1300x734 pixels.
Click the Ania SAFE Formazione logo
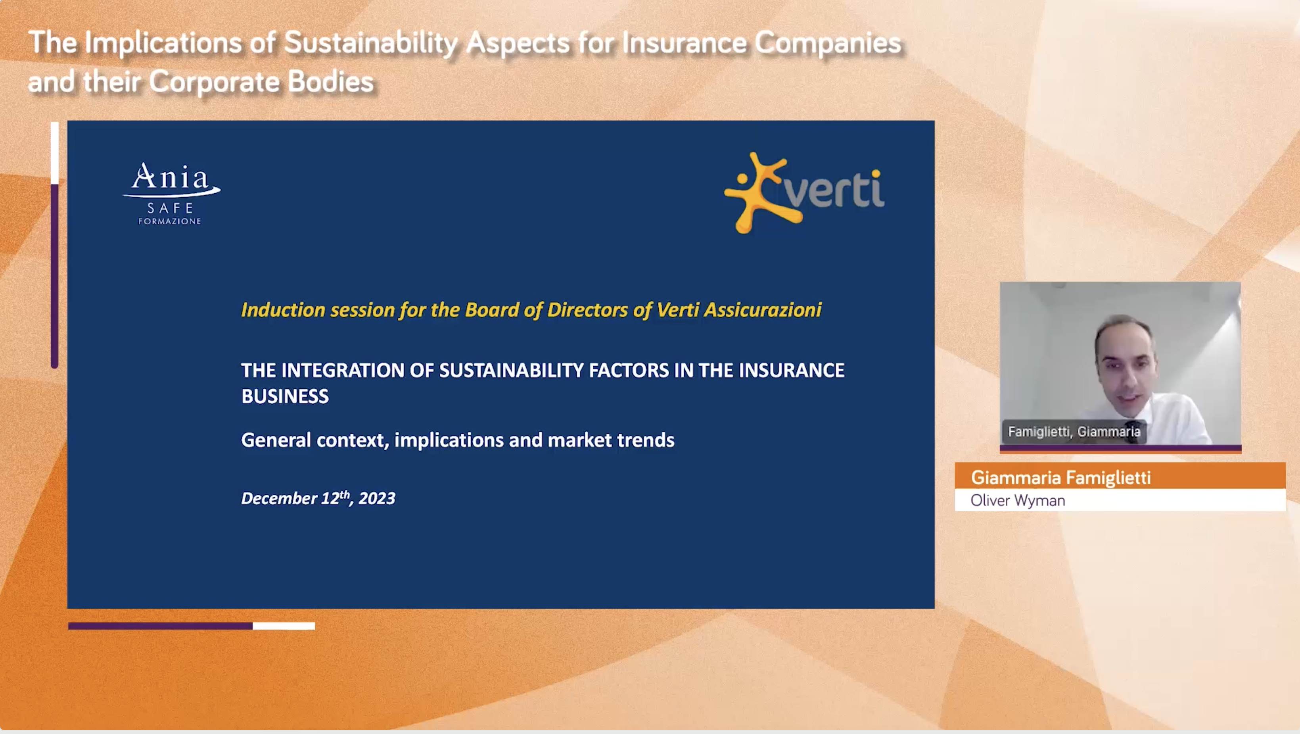(171, 193)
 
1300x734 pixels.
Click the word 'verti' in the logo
(834, 189)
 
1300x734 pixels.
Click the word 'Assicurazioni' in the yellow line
(763, 309)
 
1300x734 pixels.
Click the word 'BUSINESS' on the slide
(285, 396)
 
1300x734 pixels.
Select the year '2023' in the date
(377, 499)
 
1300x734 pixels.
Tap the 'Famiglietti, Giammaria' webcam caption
(1074, 432)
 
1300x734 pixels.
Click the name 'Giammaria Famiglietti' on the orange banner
(1061, 478)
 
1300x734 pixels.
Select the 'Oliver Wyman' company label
(1017, 500)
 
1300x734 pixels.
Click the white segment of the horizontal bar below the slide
(284, 626)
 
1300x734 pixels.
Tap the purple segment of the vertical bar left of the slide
(54, 276)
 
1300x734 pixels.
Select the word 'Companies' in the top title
(828, 43)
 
